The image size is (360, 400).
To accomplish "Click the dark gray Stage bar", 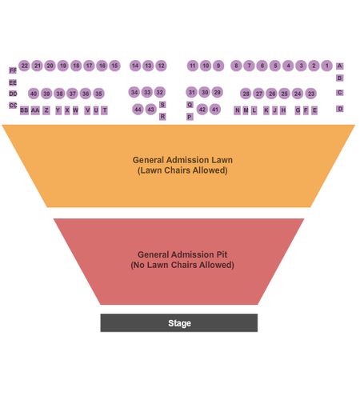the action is click(x=179, y=322).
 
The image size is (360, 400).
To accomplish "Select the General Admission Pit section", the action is click(x=179, y=262).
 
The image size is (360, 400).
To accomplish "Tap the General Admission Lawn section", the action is click(x=178, y=166).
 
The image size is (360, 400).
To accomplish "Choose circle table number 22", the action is click(x=24, y=66).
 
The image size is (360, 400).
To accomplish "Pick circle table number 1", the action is click(x=326, y=66).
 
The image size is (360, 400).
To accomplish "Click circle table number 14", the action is click(x=135, y=66).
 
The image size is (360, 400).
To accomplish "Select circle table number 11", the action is click(x=193, y=66).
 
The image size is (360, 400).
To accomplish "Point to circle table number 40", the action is click(x=34, y=94).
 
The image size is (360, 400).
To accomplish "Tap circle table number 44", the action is click(x=138, y=110).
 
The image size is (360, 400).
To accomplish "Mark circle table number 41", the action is click(x=215, y=110).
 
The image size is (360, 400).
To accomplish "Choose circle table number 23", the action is click(x=311, y=94).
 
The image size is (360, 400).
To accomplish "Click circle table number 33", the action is click(x=147, y=92).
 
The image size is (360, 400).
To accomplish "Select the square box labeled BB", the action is click(x=24, y=110).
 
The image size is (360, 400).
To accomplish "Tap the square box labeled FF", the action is click(x=13, y=70).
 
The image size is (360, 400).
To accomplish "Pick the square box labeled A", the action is click(x=339, y=66).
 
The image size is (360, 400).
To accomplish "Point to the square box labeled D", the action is click(x=339, y=109).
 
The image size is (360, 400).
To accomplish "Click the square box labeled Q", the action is click(x=190, y=105).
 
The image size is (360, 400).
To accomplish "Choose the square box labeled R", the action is click(x=162, y=117).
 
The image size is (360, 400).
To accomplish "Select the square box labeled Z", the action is click(x=46, y=110).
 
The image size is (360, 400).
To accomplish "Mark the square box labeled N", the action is click(x=237, y=110).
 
